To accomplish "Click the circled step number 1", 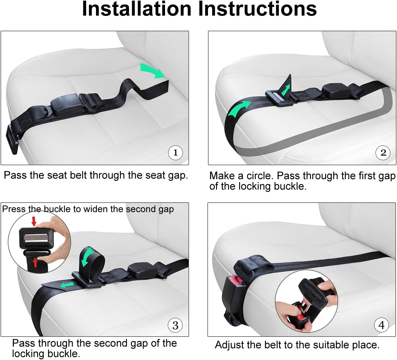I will click(x=175, y=152).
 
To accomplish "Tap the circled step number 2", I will click(x=383, y=152).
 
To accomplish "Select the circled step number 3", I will click(x=175, y=325).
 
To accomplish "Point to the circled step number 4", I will click(x=381, y=325).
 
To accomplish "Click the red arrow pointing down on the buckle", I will click(x=34, y=221).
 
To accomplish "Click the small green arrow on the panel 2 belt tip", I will click(x=285, y=90).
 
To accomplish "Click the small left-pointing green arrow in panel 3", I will click(x=67, y=285).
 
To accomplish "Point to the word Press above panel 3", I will click(x=14, y=209).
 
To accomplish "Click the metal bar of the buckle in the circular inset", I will click(x=37, y=238).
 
